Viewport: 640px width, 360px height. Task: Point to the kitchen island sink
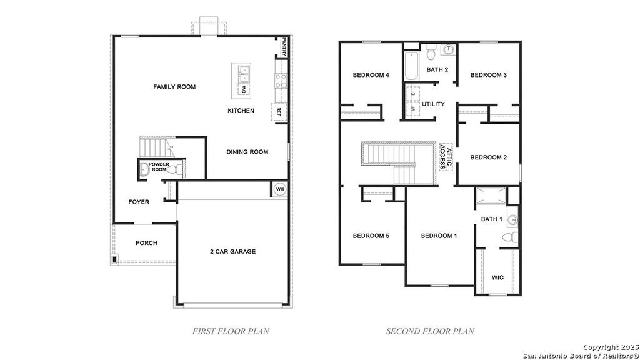click(x=242, y=73)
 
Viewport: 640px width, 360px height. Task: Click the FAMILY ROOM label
click(x=174, y=87)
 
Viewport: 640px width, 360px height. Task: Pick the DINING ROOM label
click(x=247, y=152)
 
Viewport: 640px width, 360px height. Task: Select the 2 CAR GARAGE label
click(x=232, y=252)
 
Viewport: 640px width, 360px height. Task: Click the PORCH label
click(x=146, y=243)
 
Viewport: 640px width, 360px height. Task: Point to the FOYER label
click(x=139, y=202)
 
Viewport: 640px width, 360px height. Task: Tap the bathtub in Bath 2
click(x=412, y=67)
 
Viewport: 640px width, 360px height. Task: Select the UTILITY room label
click(x=433, y=104)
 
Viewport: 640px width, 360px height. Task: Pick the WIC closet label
click(x=497, y=277)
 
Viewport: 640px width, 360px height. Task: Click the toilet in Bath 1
click(x=510, y=237)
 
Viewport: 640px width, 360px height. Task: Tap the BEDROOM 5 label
click(x=371, y=236)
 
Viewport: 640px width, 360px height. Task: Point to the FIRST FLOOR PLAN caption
click(x=231, y=331)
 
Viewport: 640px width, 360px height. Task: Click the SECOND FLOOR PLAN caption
click(x=430, y=331)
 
